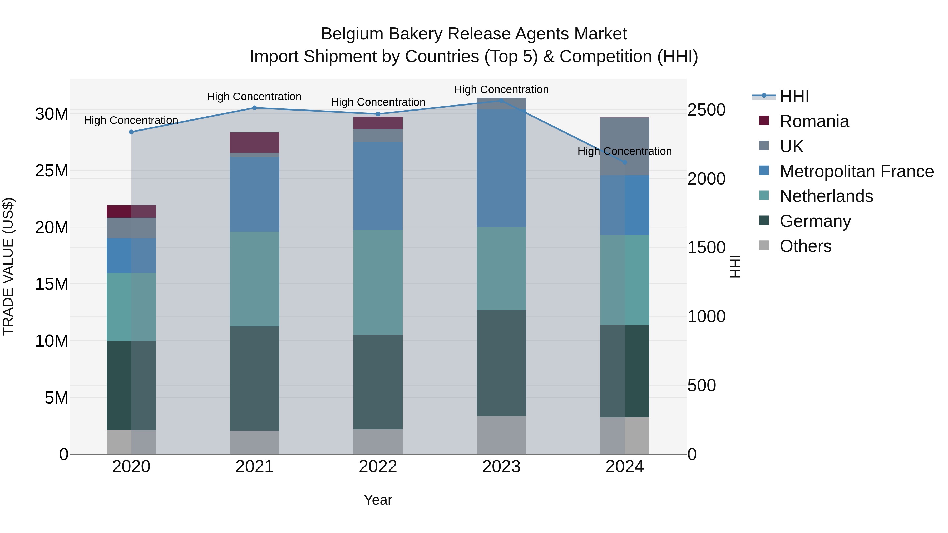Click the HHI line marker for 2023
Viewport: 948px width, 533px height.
pos(501,101)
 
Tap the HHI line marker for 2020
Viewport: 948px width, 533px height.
pos(131,132)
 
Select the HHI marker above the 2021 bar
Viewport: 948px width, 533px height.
pos(254,108)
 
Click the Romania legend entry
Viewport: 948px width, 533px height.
pos(814,121)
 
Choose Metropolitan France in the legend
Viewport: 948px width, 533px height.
pos(856,171)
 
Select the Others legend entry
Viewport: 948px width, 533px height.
pos(805,246)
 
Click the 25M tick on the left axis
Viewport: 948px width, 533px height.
pos(52,171)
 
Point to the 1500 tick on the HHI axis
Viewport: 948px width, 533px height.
pos(706,248)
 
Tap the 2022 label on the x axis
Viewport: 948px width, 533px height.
pos(378,467)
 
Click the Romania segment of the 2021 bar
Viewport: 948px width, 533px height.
pos(254,142)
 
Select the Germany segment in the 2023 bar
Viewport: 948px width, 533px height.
pos(501,363)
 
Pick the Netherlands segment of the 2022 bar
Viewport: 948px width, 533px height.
pos(378,282)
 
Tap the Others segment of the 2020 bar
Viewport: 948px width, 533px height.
pos(131,442)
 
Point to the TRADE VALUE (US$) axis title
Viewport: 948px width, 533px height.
pos(8,266)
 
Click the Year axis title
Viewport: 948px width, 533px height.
pos(378,500)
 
